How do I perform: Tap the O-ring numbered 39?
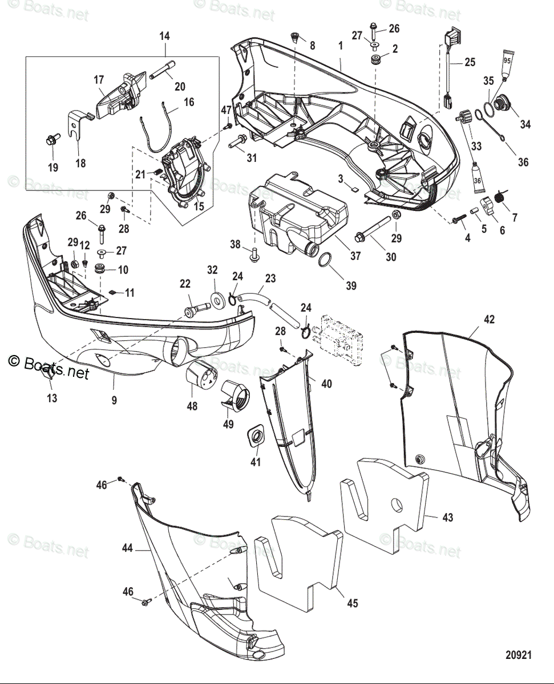click(324, 261)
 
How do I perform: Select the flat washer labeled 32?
click(217, 300)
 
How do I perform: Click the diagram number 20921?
click(517, 655)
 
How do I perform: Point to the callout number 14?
click(164, 36)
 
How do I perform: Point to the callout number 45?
click(353, 602)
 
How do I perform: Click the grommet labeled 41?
click(256, 438)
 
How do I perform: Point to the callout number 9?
click(114, 401)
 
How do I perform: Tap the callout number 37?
click(355, 256)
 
